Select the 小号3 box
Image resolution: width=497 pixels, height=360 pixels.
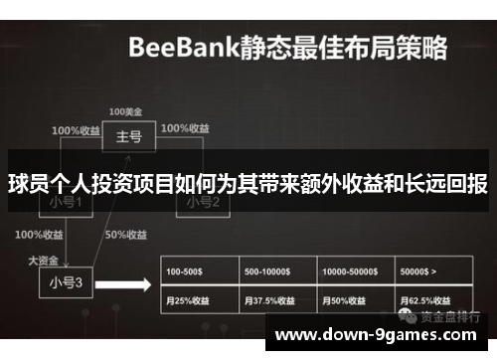(65, 280)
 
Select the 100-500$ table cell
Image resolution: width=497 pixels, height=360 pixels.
(199, 270)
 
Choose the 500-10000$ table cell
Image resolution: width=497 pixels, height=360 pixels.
(278, 270)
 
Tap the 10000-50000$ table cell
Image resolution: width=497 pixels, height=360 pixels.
(356, 270)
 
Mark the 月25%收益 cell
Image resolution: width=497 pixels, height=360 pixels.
(199, 299)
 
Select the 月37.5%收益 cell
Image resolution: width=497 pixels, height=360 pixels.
(278, 299)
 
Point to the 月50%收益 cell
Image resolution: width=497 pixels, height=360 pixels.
(356, 299)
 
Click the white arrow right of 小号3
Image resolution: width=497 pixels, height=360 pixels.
(130, 284)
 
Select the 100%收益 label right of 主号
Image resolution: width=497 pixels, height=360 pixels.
(184, 129)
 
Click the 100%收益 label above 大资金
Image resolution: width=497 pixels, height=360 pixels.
(40, 235)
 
